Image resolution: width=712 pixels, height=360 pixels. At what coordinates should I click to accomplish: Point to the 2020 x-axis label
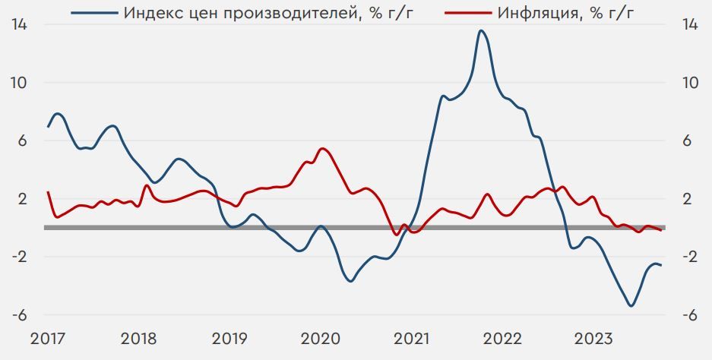click(321, 338)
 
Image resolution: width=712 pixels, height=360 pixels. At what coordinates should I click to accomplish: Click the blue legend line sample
click(94, 13)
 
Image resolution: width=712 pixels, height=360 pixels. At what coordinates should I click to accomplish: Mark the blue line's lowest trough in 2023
click(631, 306)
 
